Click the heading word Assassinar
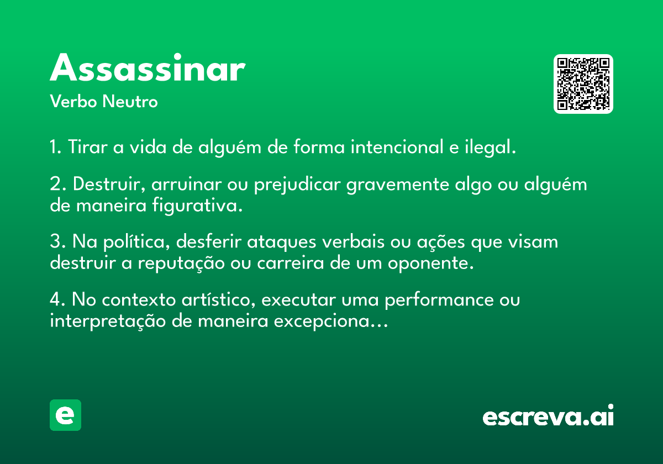click(x=148, y=67)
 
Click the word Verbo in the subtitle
click(x=73, y=101)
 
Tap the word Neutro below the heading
click(x=130, y=101)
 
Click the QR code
click(x=583, y=84)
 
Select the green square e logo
click(x=65, y=415)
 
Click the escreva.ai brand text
click(x=548, y=415)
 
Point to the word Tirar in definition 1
click(x=88, y=147)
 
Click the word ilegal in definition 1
click(x=490, y=147)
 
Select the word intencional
click(x=397, y=147)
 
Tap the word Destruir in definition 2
click(x=109, y=184)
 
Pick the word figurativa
click(x=197, y=205)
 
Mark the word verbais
click(x=354, y=241)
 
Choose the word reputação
click(x=181, y=263)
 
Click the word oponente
click(x=430, y=263)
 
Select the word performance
click(x=439, y=300)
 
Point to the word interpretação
click(x=108, y=321)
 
